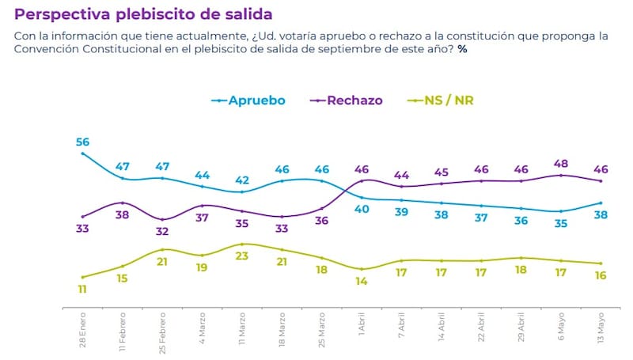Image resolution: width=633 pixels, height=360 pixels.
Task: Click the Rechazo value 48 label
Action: click(560, 164)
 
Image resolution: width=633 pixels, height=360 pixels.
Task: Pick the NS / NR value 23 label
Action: click(242, 256)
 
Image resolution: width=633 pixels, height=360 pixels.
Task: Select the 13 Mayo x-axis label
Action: click(601, 332)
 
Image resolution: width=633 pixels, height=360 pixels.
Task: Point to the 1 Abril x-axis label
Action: click(362, 333)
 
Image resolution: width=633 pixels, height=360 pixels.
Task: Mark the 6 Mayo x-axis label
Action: click(560, 333)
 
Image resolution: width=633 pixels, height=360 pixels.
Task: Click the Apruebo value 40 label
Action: click(362, 209)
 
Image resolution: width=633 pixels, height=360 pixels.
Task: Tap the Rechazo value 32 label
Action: click(162, 232)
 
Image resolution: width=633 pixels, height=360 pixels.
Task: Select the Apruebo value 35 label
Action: click(560, 223)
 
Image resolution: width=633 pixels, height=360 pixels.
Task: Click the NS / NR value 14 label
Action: click(362, 281)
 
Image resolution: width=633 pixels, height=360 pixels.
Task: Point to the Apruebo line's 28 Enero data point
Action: click(83, 153)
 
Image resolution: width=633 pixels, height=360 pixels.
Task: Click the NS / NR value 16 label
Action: click(601, 275)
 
